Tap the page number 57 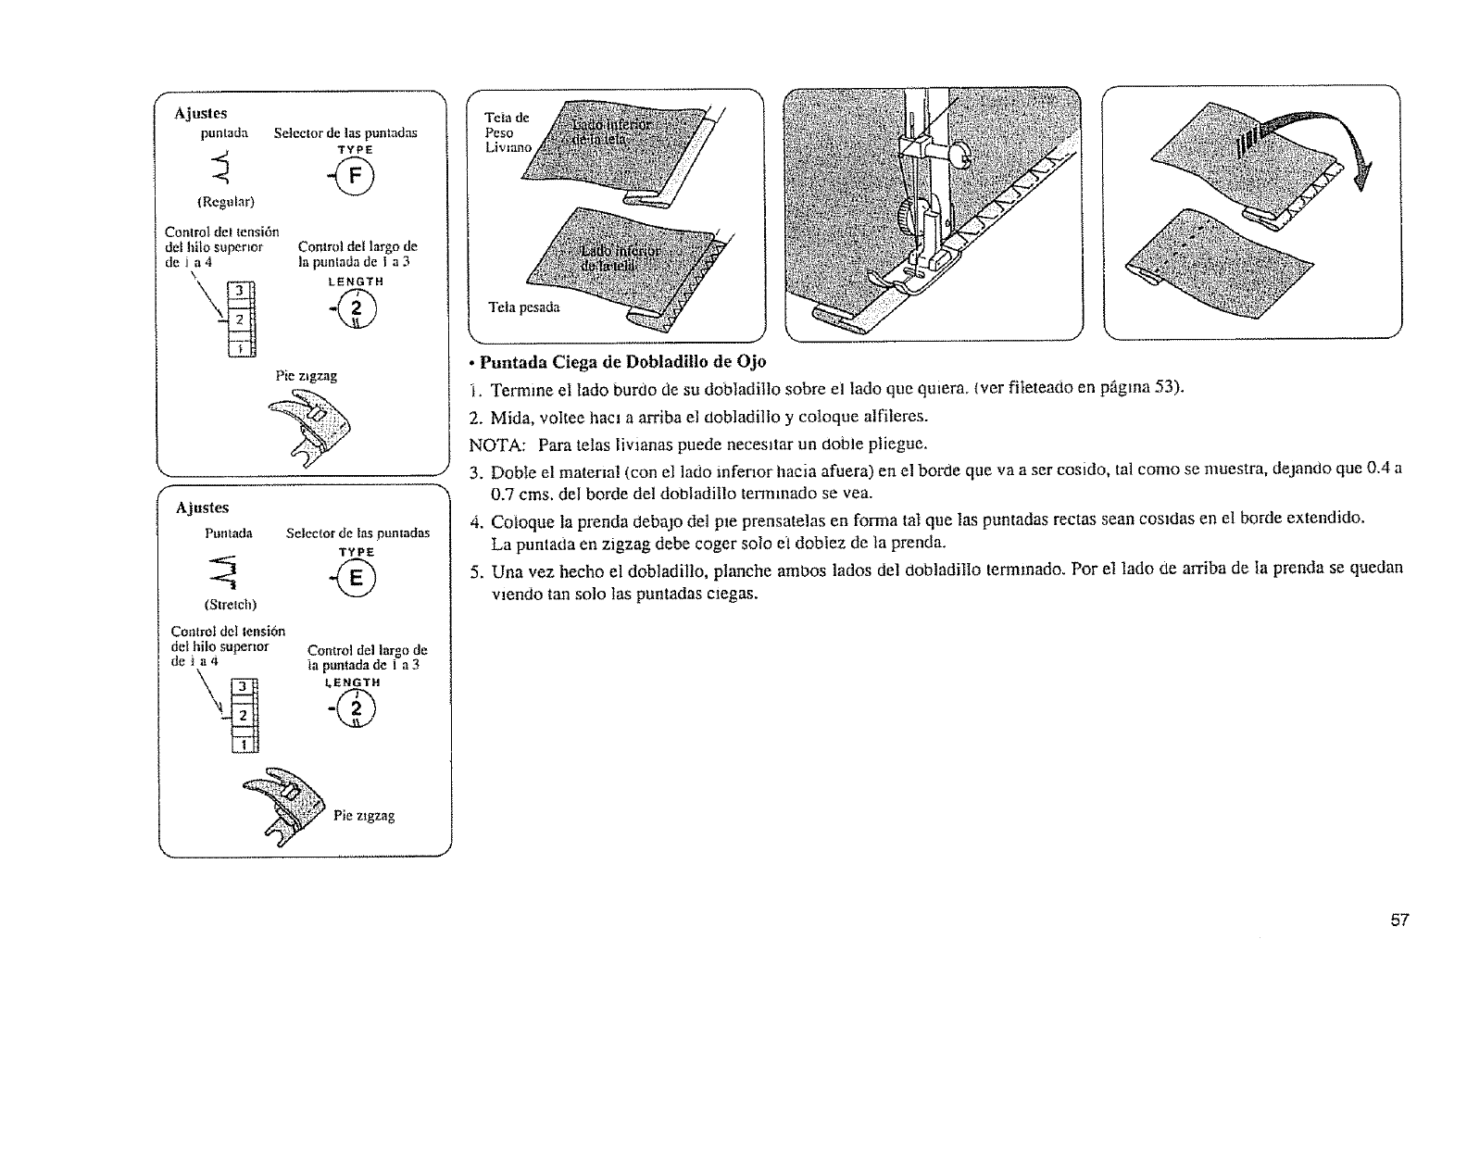coord(1399,920)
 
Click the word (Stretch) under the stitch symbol coord(227,606)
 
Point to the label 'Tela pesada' coord(524,307)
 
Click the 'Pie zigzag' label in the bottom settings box coord(364,816)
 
